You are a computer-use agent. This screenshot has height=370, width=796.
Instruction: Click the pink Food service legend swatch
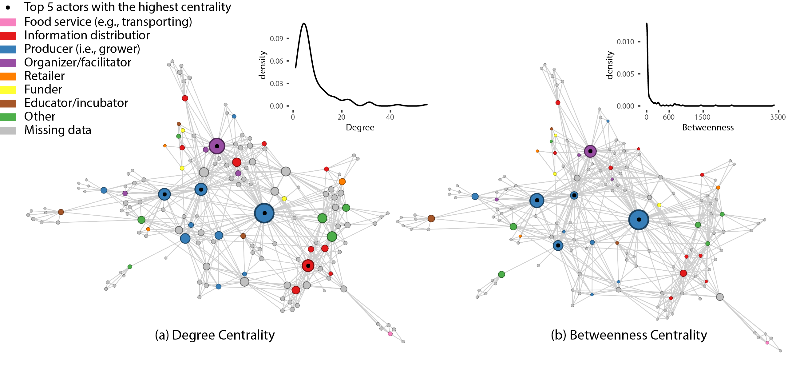click(8, 22)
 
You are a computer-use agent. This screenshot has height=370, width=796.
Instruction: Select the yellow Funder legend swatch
click(8, 90)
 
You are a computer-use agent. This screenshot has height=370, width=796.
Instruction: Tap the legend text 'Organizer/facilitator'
click(77, 62)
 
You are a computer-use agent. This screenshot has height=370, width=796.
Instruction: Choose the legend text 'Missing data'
click(58, 130)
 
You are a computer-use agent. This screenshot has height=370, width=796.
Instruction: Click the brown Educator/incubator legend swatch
click(8, 103)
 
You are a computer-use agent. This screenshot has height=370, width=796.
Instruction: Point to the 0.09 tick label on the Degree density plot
click(276, 39)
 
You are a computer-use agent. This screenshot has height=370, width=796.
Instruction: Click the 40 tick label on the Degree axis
click(390, 117)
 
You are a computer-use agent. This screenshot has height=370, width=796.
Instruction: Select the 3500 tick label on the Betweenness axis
click(778, 117)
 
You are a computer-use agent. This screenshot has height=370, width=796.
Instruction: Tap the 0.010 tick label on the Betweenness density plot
click(625, 42)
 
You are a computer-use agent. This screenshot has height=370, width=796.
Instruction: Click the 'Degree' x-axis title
click(360, 127)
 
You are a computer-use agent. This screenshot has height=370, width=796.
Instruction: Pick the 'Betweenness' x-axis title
click(708, 127)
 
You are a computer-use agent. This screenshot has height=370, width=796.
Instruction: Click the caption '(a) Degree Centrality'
click(215, 335)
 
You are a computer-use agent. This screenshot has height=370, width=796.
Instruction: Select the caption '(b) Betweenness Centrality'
click(629, 335)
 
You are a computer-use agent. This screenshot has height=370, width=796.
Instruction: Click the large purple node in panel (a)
click(217, 146)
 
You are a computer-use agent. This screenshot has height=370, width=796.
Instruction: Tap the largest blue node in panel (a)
click(264, 213)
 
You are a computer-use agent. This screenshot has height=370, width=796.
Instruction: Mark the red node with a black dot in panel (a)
click(308, 266)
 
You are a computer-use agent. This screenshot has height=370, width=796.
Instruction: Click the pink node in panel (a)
click(390, 334)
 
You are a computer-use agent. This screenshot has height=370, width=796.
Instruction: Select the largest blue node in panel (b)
click(639, 220)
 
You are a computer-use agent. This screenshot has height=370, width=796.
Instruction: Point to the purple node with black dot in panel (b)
click(590, 151)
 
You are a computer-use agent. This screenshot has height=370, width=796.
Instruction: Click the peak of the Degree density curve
click(304, 23)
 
